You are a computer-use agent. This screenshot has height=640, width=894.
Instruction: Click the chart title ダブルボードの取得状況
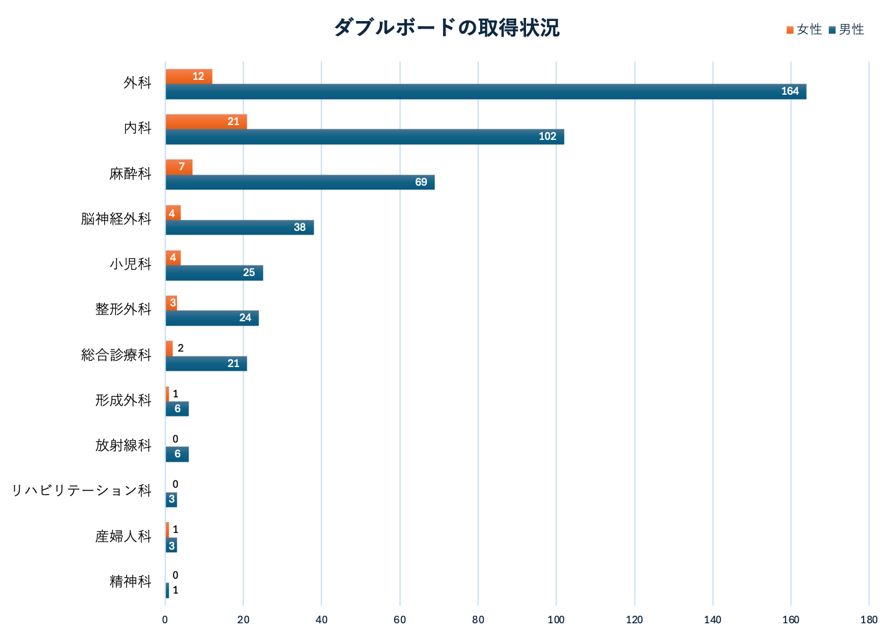point(446,28)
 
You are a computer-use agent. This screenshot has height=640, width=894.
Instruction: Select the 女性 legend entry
point(804,30)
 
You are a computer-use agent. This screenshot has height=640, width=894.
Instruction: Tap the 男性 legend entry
point(846,30)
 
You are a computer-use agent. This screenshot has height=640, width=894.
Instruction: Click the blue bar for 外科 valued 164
point(486,92)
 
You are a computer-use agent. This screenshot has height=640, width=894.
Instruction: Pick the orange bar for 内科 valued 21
point(206,121)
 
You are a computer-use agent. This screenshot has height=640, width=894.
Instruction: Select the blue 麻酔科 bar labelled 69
point(300,182)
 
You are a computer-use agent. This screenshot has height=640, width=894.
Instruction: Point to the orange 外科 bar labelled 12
point(188,76)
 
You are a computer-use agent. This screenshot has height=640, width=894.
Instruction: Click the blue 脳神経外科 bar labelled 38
point(239,227)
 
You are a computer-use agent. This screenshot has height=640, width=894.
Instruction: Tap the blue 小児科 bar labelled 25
point(214,272)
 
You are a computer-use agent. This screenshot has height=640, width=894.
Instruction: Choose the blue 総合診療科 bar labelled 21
point(206,363)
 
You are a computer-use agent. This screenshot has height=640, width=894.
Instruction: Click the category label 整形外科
point(123,309)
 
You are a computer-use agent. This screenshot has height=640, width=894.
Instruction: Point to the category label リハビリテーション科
point(82,490)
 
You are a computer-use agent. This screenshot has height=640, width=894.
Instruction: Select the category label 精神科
point(130,581)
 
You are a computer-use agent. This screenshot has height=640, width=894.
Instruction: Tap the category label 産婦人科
point(123,536)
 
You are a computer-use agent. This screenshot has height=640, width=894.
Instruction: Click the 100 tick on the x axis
point(556,620)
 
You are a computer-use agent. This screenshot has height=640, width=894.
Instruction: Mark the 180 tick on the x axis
point(869,620)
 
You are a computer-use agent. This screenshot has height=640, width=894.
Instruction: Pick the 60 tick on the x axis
point(400,620)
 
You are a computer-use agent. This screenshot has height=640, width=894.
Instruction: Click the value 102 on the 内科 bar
point(547,137)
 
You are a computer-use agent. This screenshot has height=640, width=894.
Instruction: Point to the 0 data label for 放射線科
point(175,439)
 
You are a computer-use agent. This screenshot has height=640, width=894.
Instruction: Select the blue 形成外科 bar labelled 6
point(177,409)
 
